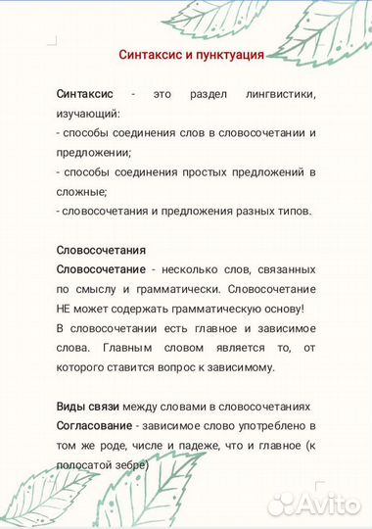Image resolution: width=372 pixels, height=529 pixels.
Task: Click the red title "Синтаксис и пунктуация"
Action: click(191, 55)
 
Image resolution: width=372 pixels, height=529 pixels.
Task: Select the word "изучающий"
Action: click(87, 112)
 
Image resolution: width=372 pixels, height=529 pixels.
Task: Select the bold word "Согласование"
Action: click(94, 426)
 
